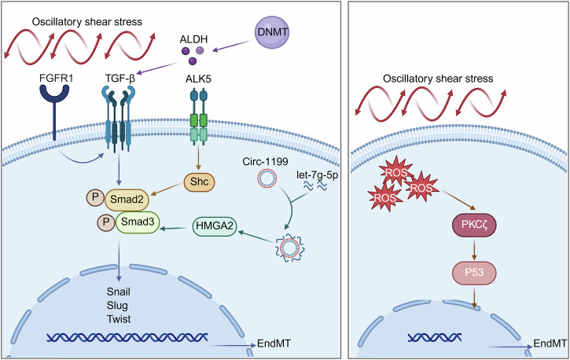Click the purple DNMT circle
click(272, 32)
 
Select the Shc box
click(199, 182)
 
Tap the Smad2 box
click(127, 200)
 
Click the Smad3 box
click(138, 222)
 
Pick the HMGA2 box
click(214, 226)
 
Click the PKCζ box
click(474, 225)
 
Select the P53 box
click(474, 272)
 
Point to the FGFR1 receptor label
click(56, 78)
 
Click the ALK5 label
click(198, 78)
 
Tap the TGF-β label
click(120, 79)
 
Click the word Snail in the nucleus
click(119, 292)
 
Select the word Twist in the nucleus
click(119, 319)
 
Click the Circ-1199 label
click(266, 162)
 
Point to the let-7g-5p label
click(318, 175)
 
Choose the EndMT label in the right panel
click(550, 343)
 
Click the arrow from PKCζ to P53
click(474, 248)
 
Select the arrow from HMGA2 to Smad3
click(176, 229)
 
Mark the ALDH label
click(193, 39)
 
